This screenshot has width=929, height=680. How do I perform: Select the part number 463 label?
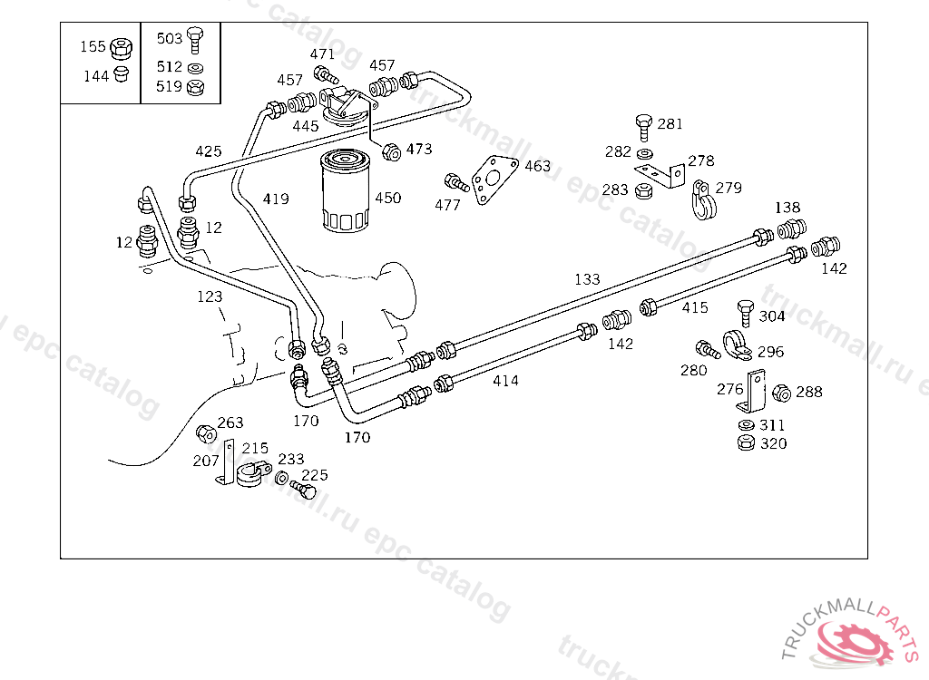pos(537,166)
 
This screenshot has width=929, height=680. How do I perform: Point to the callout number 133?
pos(587,279)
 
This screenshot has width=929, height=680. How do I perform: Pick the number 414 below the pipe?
pos(505,381)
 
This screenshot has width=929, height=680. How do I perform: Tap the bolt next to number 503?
pos(195,39)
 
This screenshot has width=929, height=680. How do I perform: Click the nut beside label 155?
pos(121,47)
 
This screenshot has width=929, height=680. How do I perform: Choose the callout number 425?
pos(208,151)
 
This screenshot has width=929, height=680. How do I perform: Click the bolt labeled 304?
pos(747,311)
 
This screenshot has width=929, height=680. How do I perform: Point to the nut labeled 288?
pos(780,393)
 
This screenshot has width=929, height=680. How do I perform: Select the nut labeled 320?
pos(746,443)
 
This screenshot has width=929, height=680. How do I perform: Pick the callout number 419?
pos(276,199)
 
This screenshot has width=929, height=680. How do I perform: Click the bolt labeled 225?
pos(307,491)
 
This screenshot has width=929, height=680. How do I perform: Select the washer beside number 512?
pos(195,68)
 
